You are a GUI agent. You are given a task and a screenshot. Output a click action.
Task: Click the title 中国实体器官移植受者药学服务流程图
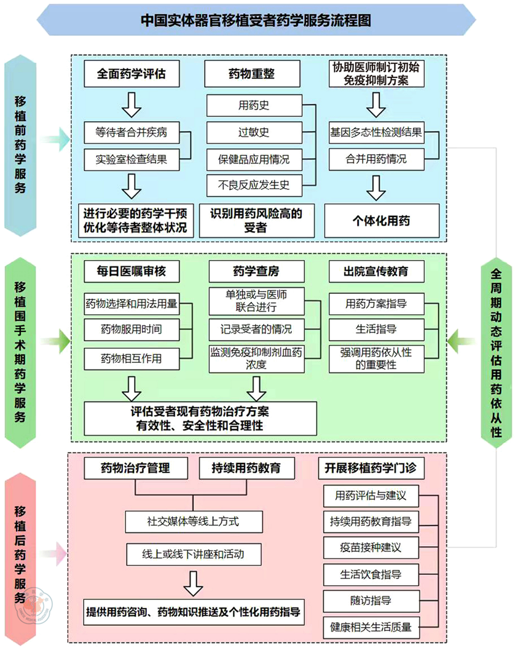(x=256, y=20)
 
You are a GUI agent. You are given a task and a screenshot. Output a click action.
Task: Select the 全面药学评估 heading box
(x=131, y=74)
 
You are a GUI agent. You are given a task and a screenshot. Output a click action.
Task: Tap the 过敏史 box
(x=254, y=132)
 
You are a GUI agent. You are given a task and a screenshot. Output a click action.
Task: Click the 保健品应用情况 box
(x=254, y=159)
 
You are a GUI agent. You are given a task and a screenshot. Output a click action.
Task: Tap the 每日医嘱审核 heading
(x=131, y=271)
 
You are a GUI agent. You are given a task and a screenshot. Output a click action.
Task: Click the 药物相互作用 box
(x=131, y=357)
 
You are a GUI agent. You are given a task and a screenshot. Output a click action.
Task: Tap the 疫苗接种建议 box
(x=371, y=547)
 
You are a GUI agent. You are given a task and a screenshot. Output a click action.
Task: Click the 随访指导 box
(x=371, y=601)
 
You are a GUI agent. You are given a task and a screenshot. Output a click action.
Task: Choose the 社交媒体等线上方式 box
(x=193, y=522)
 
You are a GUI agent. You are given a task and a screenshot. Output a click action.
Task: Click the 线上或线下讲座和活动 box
(x=193, y=553)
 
